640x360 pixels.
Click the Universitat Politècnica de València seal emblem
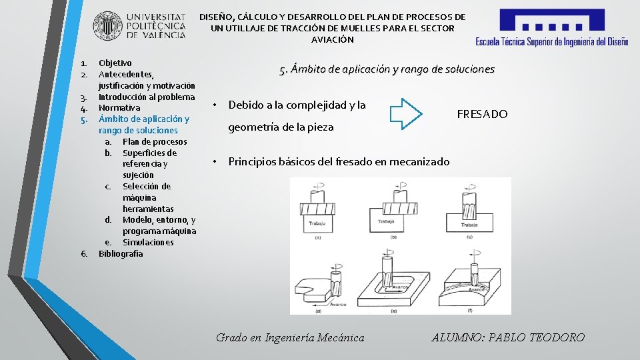coord(107,25)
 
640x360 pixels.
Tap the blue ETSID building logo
coord(551,22)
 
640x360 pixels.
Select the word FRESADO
coord(482,114)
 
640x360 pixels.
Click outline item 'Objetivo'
coord(115,63)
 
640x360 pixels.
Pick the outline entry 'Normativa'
coord(119,107)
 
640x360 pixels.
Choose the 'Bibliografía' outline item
coord(121,253)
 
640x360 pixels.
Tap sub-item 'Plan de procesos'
coord(155,141)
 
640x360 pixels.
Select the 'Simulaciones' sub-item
coord(148,242)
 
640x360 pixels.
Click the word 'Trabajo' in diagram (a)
coord(317,222)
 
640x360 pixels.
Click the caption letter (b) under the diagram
coord(393,237)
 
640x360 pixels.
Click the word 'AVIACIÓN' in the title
coord(333,40)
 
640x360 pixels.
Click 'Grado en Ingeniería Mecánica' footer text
coord(290,337)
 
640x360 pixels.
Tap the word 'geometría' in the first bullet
coord(255,127)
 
